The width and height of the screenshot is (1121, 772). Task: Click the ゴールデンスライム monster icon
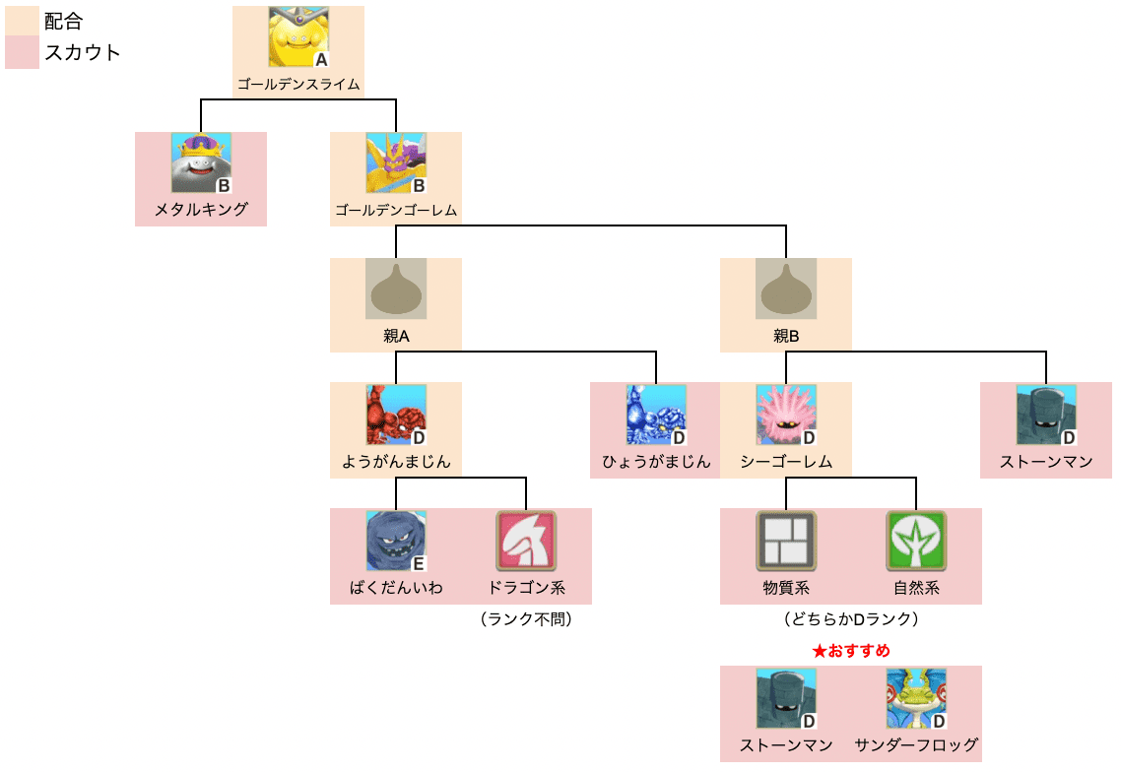(x=298, y=37)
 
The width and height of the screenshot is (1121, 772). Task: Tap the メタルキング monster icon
(x=201, y=162)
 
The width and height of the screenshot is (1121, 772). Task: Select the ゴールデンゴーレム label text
(x=396, y=210)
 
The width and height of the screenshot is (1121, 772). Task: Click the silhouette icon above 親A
(x=396, y=289)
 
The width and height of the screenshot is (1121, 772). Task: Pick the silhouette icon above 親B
(x=786, y=289)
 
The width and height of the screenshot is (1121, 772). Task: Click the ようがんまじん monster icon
(x=396, y=415)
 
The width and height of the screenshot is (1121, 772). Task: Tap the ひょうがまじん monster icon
(x=656, y=415)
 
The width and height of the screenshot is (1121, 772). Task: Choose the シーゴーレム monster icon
(x=786, y=415)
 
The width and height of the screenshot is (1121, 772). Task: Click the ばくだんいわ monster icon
(x=396, y=541)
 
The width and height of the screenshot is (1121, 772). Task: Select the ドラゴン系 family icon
(x=526, y=541)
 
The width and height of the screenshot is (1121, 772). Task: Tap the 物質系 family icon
(x=786, y=541)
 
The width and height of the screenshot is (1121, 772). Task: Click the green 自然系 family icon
(x=916, y=541)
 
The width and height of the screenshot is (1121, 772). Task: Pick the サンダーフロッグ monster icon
(x=916, y=698)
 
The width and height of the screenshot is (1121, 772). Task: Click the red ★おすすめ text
(x=851, y=651)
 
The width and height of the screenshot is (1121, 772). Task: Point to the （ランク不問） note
(x=526, y=619)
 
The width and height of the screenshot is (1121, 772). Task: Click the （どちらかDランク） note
(x=851, y=619)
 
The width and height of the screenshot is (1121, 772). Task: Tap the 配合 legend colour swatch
(x=22, y=22)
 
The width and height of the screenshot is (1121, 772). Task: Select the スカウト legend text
(x=83, y=53)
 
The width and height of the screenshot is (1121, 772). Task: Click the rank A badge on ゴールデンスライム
(x=320, y=59)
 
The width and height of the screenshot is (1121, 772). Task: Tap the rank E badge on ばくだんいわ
(x=418, y=563)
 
